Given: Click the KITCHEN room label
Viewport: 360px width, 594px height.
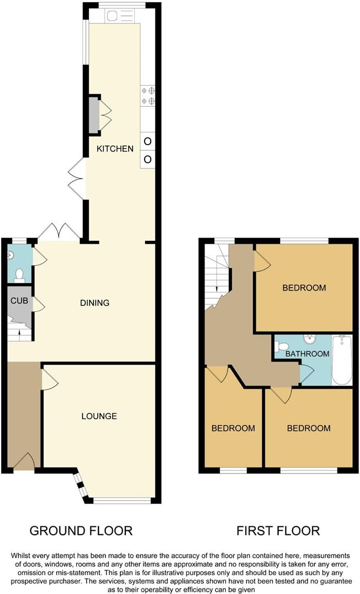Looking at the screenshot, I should click(115, 148).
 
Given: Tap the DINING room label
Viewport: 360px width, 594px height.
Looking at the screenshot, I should click(95, 302).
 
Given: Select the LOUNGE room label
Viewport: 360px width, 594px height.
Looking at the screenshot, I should click(99, 416).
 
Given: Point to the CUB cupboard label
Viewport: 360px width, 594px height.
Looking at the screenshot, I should click(19, 301).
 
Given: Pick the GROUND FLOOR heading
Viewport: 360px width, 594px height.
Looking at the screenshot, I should click(81, 531).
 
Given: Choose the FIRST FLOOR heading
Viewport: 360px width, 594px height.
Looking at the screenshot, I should click(278, 531).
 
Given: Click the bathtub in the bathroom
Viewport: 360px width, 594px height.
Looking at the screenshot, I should click(342, 360).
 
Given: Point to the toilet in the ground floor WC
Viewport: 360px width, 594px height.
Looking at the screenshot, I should click(19, 274).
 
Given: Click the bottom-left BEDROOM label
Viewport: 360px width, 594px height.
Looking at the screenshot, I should click(234, 428).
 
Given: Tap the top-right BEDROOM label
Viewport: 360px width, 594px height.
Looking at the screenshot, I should click(304, 288).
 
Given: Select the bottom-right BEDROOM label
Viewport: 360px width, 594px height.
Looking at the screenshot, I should click(308, 428).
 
